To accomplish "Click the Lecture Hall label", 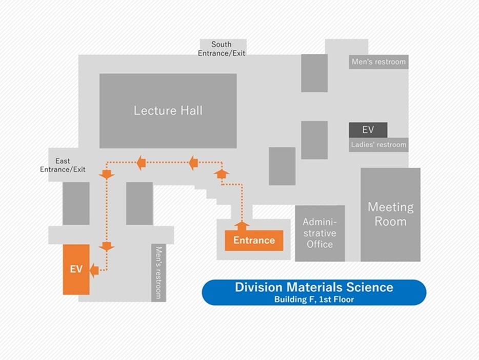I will (168, 110).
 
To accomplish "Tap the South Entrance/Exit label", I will (222, 49).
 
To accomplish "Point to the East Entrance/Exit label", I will (63, 165).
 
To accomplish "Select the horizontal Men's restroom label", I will (378, 62).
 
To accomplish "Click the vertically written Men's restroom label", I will (158, 272).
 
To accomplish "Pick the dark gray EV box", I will (368, 130).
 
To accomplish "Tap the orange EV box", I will (76, 269).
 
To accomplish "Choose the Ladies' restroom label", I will (378, 145).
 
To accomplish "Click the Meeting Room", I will (390, 214).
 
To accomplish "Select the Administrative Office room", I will (320, 233).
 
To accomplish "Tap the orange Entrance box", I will (254, 240).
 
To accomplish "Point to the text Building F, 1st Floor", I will (314, 299).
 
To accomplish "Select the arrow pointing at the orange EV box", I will (94, 269).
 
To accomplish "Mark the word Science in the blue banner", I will (369, 287).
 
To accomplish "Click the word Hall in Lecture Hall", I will (191, 110).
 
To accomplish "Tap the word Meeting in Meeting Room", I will (390, 207).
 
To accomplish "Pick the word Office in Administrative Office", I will (320, 244).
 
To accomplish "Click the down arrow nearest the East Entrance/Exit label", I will (107, 174).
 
